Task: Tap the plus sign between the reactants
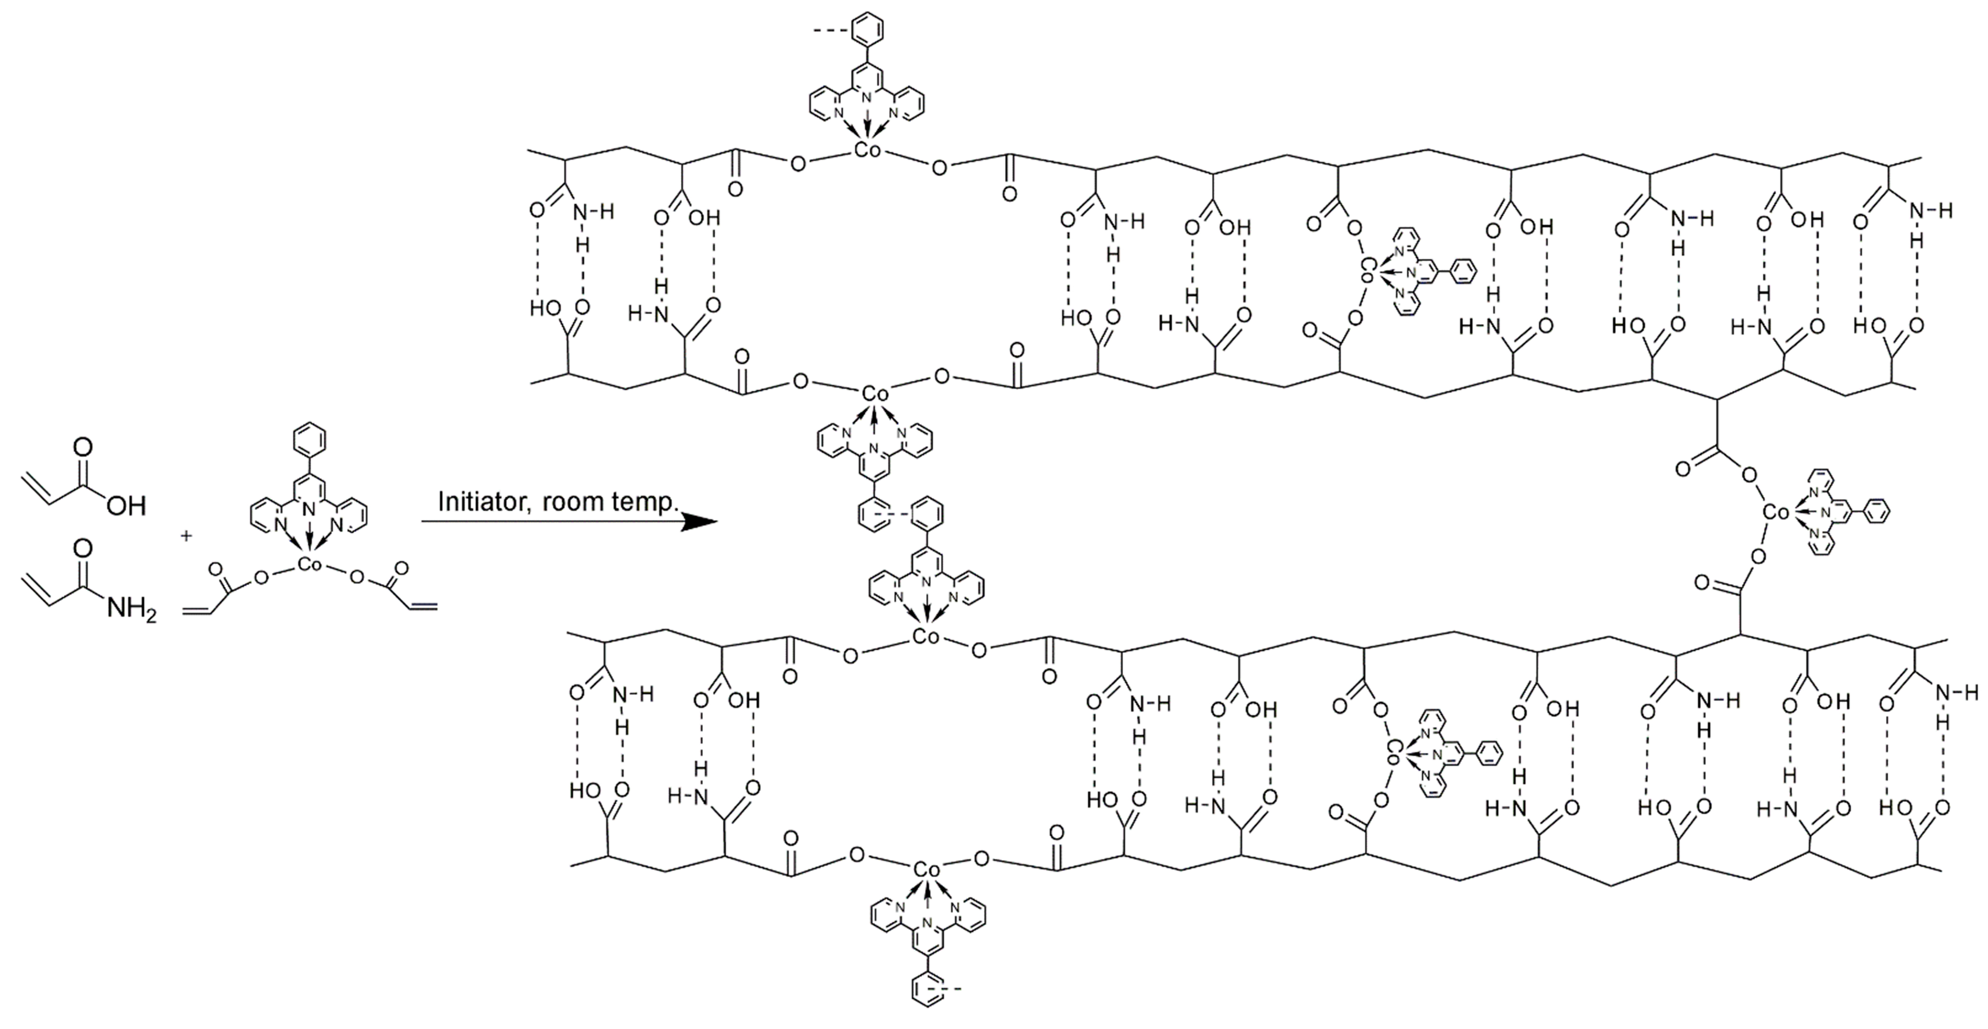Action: point(186,535)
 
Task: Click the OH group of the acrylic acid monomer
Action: point(126,507)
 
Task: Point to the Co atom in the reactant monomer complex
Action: point(310,565)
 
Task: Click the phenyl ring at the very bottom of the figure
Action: point(925,1010)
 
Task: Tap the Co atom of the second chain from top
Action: point(874,394)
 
